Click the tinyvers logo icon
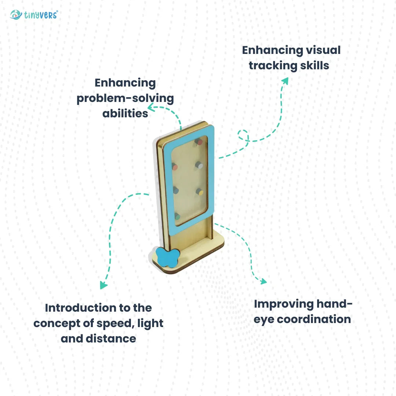point(16,15)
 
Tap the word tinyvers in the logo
point(41,15)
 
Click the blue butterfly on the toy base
point(168,257)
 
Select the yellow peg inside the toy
point(199,192)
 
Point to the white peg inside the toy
point(199,165)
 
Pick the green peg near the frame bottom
point(177,216)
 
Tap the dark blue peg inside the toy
point(176,190)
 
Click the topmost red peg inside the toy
point(198,142)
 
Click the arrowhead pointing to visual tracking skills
point(285,81)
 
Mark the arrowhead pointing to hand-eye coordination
point(263,281)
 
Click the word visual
point(323,50)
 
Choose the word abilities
point(125,114)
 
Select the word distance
point(111,339)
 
